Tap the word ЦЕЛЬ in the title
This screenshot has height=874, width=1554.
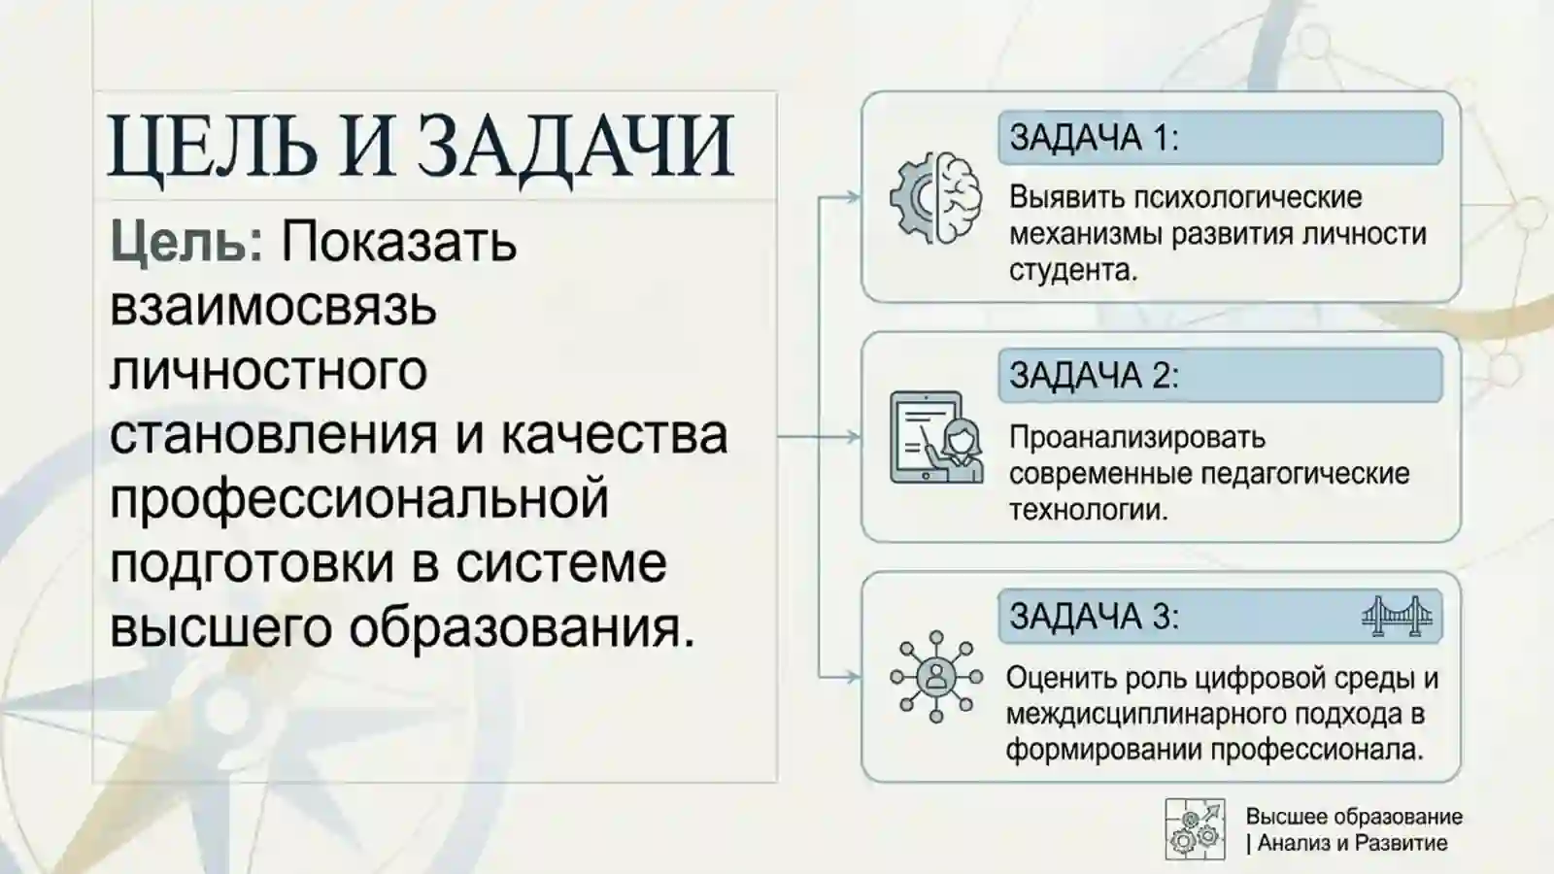(212, 147)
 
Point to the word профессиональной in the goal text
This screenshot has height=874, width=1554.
(358, 498)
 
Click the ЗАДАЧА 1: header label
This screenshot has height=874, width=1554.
(1094, 138)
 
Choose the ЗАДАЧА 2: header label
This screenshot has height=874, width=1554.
(1094, 376)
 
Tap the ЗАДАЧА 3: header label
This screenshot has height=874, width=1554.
(1094, 616)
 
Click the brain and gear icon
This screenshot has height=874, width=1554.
(935, 198)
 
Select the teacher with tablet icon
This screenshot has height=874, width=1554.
(935, 438)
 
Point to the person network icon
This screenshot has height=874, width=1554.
(935, 677)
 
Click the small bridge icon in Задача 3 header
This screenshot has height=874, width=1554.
(1397, 616)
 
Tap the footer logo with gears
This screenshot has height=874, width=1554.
(1195, 829)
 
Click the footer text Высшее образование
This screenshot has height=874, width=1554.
(1354, 817)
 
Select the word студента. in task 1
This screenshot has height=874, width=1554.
(1072, 270)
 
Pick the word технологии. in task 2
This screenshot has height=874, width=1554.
(1088, 510)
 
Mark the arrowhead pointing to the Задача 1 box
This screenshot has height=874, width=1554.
(854, 197)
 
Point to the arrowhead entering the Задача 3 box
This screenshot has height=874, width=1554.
(854, 677)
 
